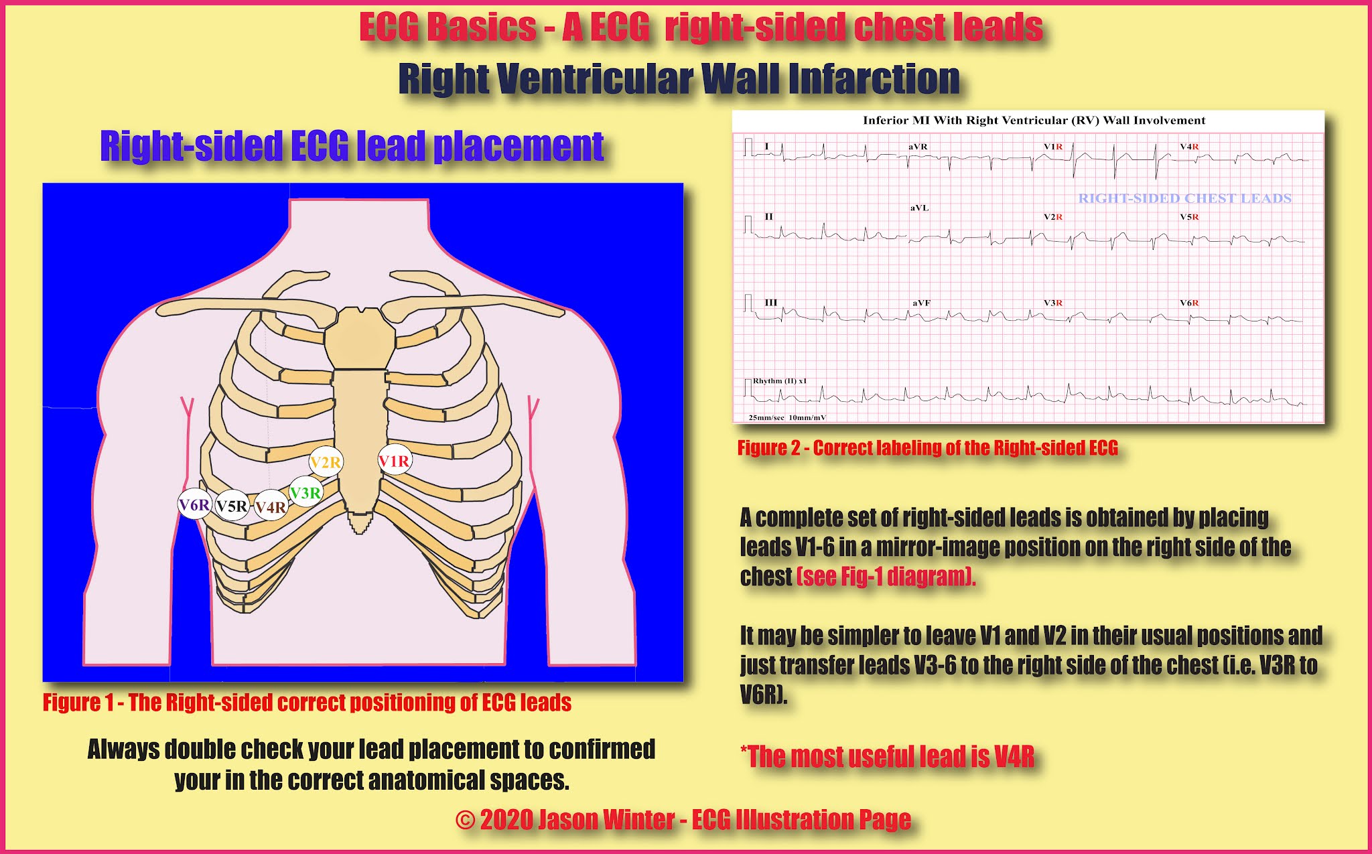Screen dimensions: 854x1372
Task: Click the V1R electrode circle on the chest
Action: pyautogui.click(x=394, y=461)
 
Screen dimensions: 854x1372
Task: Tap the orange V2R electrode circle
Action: pyautogui.click(x=326, y=462)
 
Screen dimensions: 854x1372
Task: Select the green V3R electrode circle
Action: pyautogui.click(x=305, y=493)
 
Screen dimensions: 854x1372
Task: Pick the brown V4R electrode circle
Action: pyautogui.click(x=271, y=507)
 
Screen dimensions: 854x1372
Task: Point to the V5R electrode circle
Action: pyautogui.click(x=232, y=506)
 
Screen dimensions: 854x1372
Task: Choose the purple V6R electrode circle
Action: pyautogui.click(x=194, y=504)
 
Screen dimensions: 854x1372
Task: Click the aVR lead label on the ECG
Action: pyautogui.click(x=918, y=147)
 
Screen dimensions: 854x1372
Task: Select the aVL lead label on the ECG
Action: pyautogui.click(x=919, y=208)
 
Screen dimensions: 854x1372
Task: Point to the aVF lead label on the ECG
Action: pyautogui.click(x=921, y=303)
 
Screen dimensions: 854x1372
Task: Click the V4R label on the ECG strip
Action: pyautogui.click(x=1189, y=147)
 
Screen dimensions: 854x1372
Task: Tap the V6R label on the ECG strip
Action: pyautogui.click(x=1189, y=303)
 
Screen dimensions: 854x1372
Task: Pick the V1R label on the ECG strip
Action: pyautogui.click(x=1053, y=147)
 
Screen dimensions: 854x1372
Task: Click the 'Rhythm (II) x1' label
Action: pyautogui.click(x=780, y=380)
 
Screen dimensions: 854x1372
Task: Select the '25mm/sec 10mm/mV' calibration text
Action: pyautogui.click(x=787, y=417)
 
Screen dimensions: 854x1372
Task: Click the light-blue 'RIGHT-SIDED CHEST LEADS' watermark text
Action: pyautogui.click(x=1184, y=198)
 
